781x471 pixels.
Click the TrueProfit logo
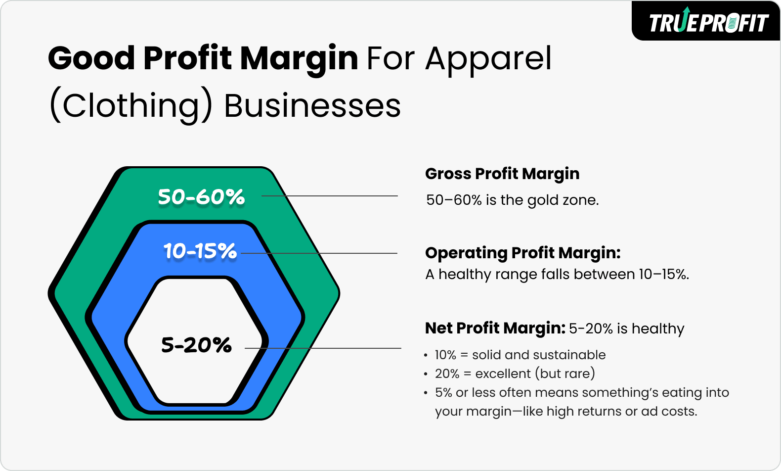coord(708,22)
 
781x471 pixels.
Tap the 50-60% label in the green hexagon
coord(201,197)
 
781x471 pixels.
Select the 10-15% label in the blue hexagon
coord(200,251)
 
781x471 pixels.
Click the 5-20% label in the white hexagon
coord(196,345)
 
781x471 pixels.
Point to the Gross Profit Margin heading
coord(502,174)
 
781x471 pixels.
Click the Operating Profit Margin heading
coord(522,253)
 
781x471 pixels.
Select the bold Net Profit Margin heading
coord(495,328)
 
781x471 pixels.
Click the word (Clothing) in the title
coord(131,106)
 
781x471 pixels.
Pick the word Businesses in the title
coord(312,106)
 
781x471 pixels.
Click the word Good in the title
coord(91,58)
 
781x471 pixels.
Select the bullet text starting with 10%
coord(520,355)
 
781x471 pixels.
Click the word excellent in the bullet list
coord(503,374)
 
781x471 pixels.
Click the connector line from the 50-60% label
coord(330,196)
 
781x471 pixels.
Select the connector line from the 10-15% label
coord(319,253)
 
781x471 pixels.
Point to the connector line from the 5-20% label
coord(323,348)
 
